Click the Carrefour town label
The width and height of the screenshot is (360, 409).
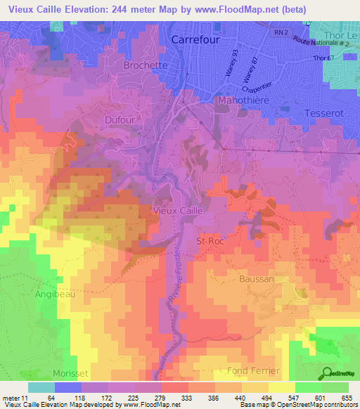click(x=195, y=41)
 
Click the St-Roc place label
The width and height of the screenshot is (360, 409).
click(x=209, y=240)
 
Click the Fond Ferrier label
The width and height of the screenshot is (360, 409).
click(x=253, y=370)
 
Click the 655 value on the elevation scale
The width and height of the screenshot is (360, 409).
click(x=346, y=397)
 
